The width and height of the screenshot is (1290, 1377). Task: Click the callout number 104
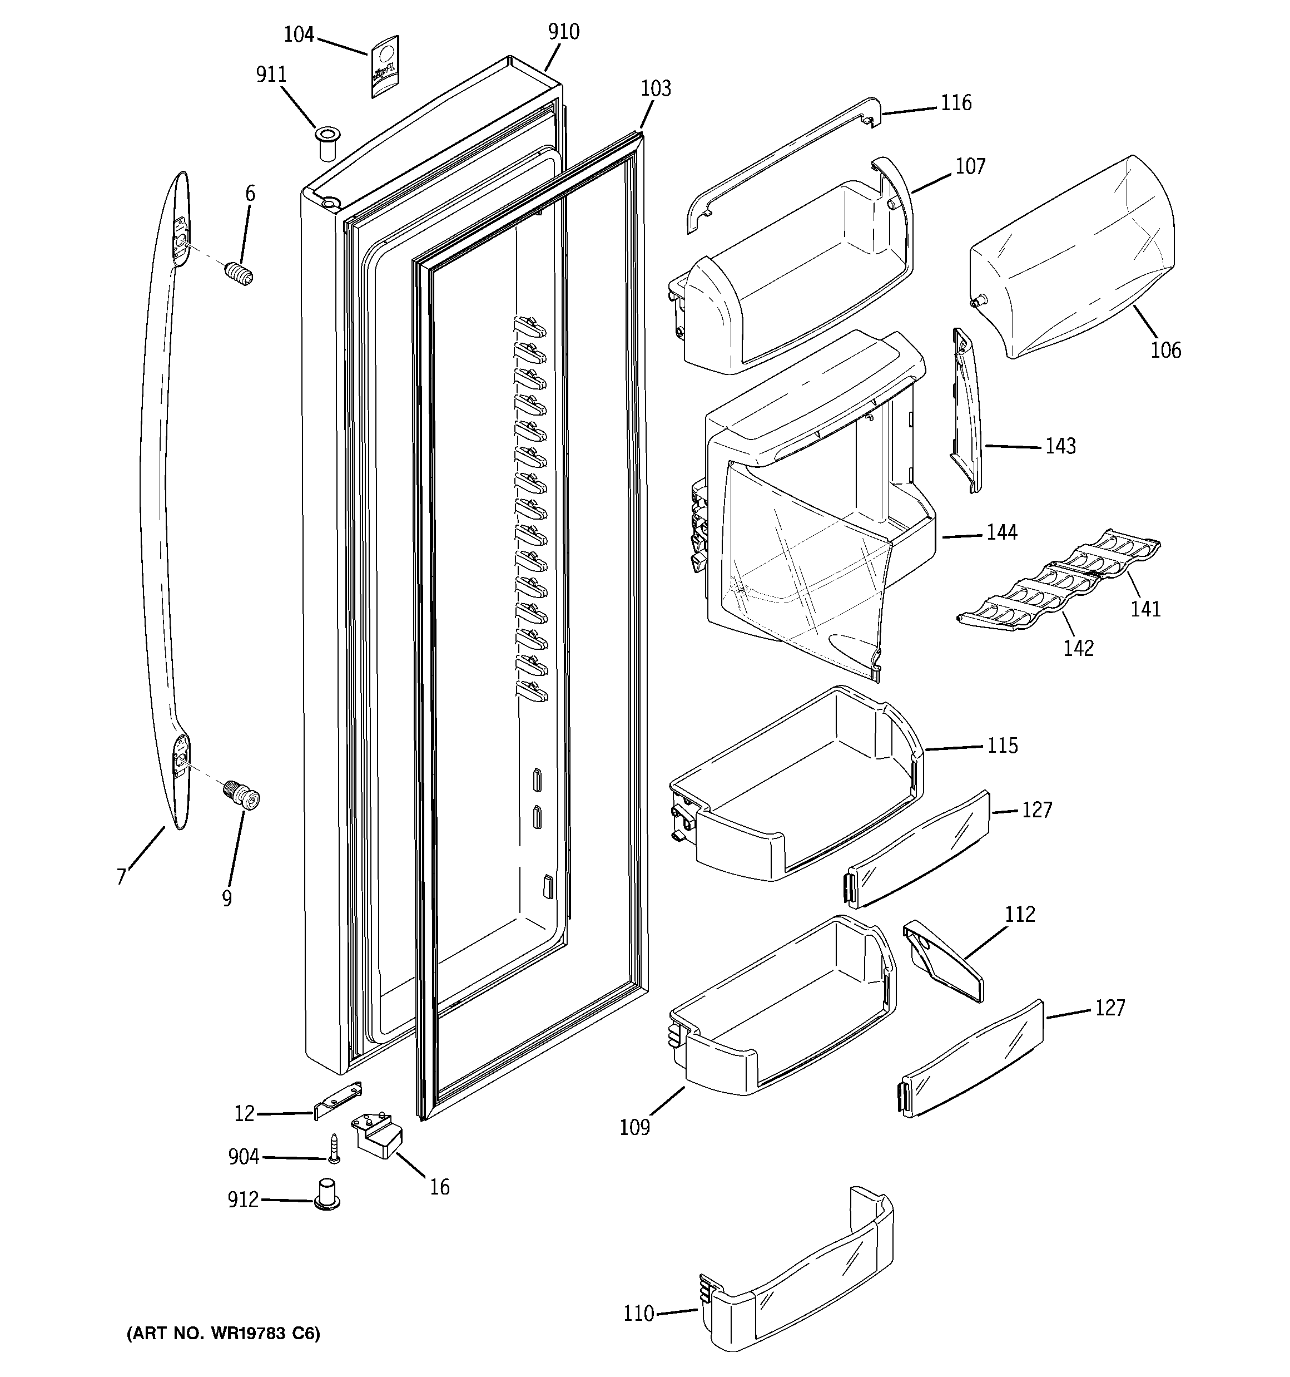click(x=299, y=34)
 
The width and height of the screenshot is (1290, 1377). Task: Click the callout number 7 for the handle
click(x=122, y=877)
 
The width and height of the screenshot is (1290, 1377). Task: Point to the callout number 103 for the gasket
click(x=655, y=88)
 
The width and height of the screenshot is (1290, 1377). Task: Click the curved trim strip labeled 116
click(x=782, y=164)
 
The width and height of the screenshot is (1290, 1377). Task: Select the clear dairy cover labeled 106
click(x=1073, y=256)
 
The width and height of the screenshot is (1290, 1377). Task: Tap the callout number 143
click(x=1060, y=446)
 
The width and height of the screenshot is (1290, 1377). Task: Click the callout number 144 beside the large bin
click(x=1001, y=532)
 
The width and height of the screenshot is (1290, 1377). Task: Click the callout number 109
click(x=634, y=1128)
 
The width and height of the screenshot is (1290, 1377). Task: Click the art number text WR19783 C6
click(x=223, y=1334)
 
